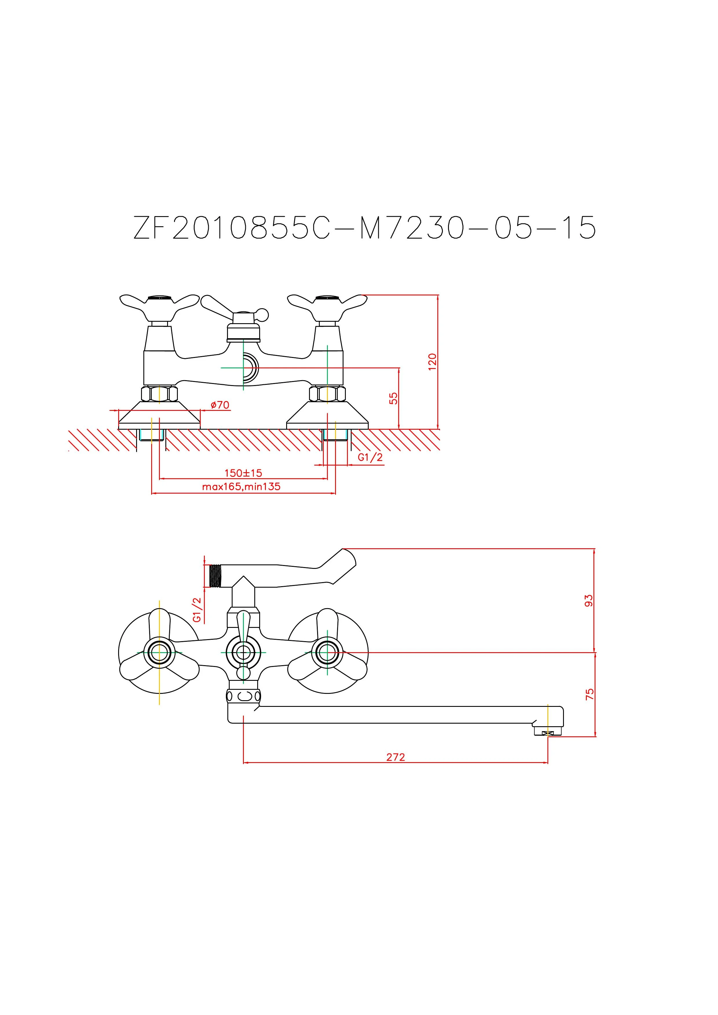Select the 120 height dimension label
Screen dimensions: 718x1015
(433, 362)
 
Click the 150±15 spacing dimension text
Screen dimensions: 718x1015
(243, 473)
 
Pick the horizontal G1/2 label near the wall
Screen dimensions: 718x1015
(370, 457)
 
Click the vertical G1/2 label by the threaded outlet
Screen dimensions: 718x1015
(197, 610)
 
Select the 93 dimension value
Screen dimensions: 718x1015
(589, 600)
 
